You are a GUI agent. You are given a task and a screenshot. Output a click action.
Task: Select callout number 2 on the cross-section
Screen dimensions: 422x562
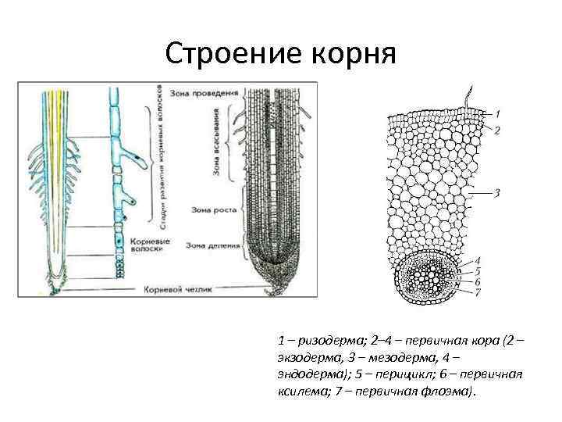[497, 131]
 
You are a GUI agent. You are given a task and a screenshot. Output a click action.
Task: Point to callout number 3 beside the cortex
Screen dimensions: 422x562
[496, 192]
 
